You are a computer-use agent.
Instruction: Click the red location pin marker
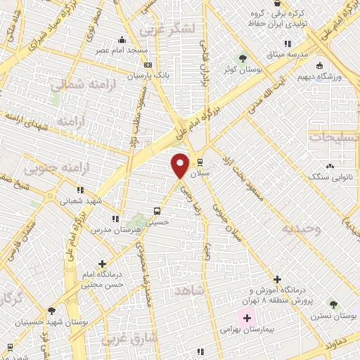(180, 165)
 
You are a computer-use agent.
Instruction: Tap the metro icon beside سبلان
(200, 162)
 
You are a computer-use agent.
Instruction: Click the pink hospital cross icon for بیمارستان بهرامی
(246, 318)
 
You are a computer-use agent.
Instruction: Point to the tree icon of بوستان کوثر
(243, 58)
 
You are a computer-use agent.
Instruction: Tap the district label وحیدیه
(301, 229)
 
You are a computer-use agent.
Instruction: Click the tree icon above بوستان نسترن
(333, 305)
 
